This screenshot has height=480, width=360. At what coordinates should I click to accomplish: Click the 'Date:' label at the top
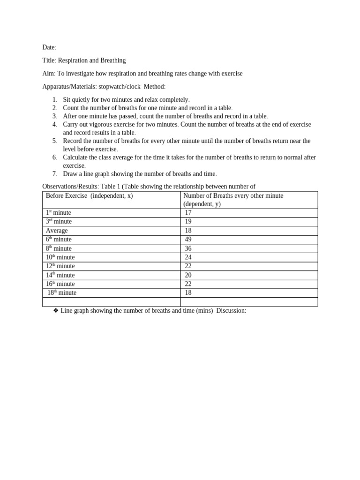tap(49, 47)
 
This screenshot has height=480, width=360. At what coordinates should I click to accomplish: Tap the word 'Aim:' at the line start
tap(49, 74)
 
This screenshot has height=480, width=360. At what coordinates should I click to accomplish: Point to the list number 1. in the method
tap(54, 100)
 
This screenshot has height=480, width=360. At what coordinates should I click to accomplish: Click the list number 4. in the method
tap(54, 124)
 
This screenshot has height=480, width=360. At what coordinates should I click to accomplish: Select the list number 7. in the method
tap(54, 174)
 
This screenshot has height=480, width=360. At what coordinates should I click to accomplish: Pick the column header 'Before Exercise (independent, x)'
tap(89, 196)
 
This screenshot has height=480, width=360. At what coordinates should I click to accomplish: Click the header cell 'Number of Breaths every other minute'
tap(233, 196)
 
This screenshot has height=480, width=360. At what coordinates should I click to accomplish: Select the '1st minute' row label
tap(59, 213)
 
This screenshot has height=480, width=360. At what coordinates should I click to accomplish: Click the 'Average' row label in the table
tap(57, 231)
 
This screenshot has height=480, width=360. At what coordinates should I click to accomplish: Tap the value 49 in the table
tap(188, 240)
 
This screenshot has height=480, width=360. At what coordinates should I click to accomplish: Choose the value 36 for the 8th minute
tap(188, 248)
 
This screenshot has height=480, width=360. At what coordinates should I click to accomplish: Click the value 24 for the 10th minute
tap(188, 257)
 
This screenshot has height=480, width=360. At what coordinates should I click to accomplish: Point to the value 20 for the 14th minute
tap(188, 275)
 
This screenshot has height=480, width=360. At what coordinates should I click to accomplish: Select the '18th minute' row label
tap(62, 293)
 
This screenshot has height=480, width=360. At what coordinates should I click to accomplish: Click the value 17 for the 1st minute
tap(188, 213)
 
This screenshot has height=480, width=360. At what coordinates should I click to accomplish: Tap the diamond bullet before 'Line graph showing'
tap(56, 311)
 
